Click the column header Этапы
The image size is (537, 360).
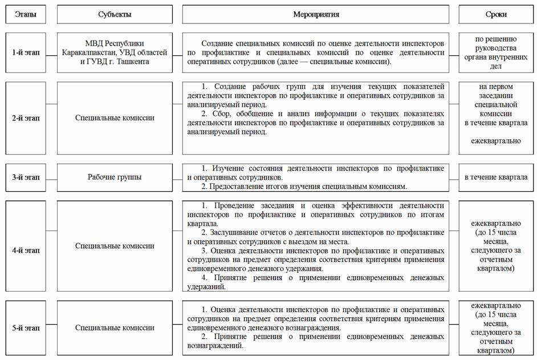pyautogui.click(x=26, y=14)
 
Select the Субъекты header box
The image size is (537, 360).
pyautogui.click(x=115, y=14)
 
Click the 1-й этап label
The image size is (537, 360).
pyautogui.click(x=26, y=52)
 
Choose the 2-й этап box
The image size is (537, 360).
pyautogui.click(x=26, y=118)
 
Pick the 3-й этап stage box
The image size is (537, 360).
pyautogui.click(x=26, y=177)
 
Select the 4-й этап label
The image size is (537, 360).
pyautogui.click(x=26, y=249)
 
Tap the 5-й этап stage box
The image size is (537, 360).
pyautogui.click(x=26, y=328)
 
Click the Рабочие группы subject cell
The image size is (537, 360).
pyautogui.click(x=115, y=177)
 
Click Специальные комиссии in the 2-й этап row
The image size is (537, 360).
pyautogui.click(x=115, y=118)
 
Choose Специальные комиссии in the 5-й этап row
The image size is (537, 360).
pyautogui.click(x=115, y=328)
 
